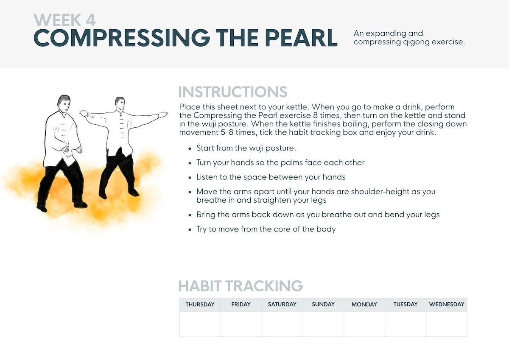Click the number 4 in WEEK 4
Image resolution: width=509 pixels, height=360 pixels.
click(90, 20)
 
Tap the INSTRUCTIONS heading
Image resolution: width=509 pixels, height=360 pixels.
click(233, 92)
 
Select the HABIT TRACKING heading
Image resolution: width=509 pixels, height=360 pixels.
click(241, 285)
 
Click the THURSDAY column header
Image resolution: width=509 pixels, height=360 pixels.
click(200, 304)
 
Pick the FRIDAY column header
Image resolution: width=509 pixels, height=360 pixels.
click(241, 304)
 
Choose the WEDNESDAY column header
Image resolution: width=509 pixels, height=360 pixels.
click(447, 304)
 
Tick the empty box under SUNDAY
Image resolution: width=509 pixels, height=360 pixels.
click(323, 324)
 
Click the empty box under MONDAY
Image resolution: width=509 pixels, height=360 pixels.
click(364, 324)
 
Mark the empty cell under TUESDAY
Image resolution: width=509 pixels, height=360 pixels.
click(406, 324)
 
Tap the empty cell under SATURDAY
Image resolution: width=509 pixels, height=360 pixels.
click(282, 324)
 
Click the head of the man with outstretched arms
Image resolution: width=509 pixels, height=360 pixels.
click(120, 104)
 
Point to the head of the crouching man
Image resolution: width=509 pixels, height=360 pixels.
click(64, 103)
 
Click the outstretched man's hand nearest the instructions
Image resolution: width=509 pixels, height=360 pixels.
click(163, 115)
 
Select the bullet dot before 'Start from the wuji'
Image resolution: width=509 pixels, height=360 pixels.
click(190, 148)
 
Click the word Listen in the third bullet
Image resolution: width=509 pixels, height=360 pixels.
click(207, 177)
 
